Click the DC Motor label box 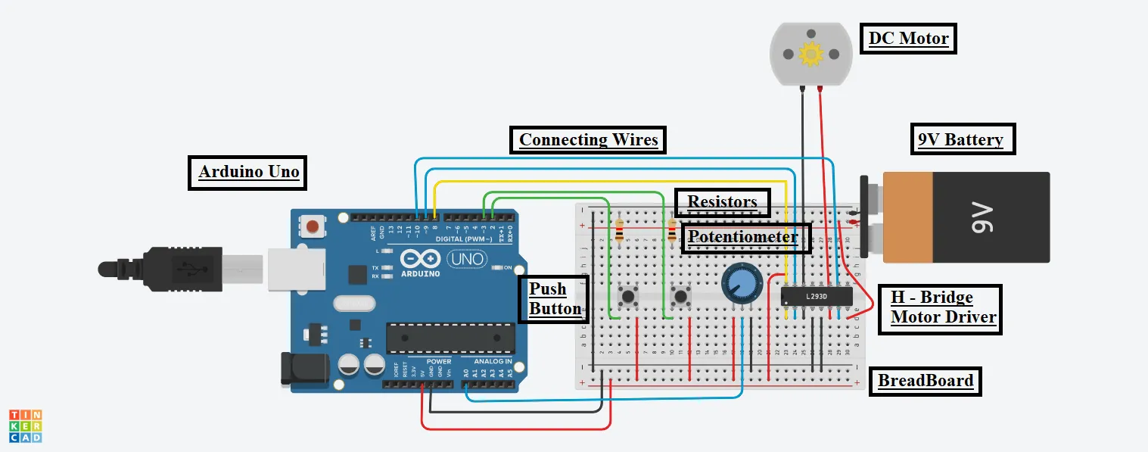pyautogui.click(x=908, y=38)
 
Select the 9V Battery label pyautogui.click(x=960, y=139)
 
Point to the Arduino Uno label pyautogui.click(x=248, y=172)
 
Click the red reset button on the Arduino pyautogui.click(x=313, y=225)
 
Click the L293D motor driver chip pyautogui.click(x=817, y=295)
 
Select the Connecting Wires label pyautogui.click(x=588, y=140)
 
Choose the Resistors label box pyautogui.click(x=722, y=202)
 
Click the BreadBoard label pyautogui.click(x=925, y=381)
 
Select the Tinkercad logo pyautogui.click(x=26, y=426)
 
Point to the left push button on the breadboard pyautogui.click(x=627, y=295)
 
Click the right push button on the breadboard pyautogui.click(x=681, y=295)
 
